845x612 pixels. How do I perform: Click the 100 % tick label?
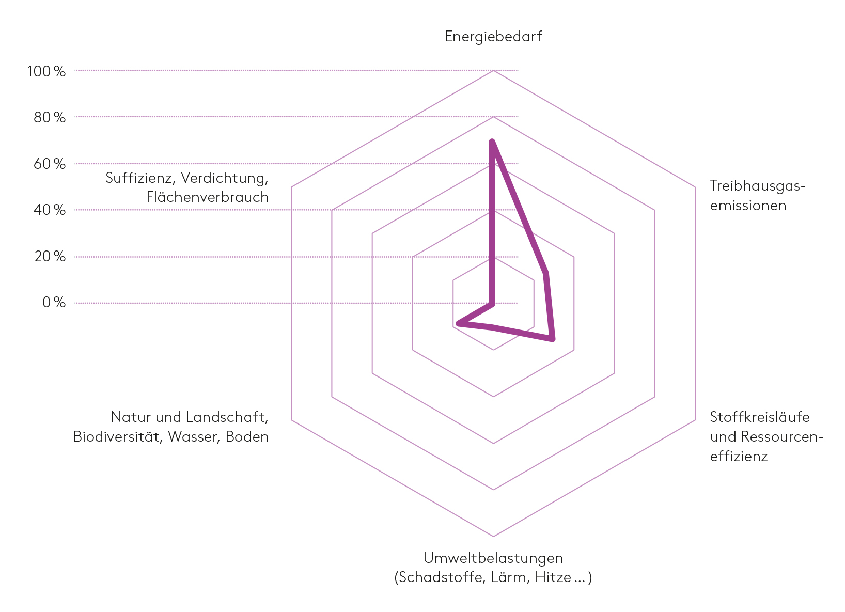46,71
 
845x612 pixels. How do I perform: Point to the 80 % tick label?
50,118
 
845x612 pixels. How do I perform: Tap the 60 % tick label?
50,164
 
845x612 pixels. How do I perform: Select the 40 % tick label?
50,210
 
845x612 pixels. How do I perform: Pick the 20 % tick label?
50,257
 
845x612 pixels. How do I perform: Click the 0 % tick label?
54,303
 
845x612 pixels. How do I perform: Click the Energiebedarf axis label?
493,37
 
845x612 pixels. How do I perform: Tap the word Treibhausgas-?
758,185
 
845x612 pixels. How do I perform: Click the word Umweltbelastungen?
493,558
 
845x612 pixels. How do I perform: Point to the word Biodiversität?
118,437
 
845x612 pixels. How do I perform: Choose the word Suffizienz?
139,178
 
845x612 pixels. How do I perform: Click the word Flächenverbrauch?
208,197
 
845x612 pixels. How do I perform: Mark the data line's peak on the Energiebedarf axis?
492,141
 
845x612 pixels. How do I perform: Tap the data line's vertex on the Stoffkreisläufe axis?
553,339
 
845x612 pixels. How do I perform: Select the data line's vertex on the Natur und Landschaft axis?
458,324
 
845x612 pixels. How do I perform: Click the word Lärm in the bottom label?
510,577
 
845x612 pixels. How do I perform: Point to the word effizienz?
739,457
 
